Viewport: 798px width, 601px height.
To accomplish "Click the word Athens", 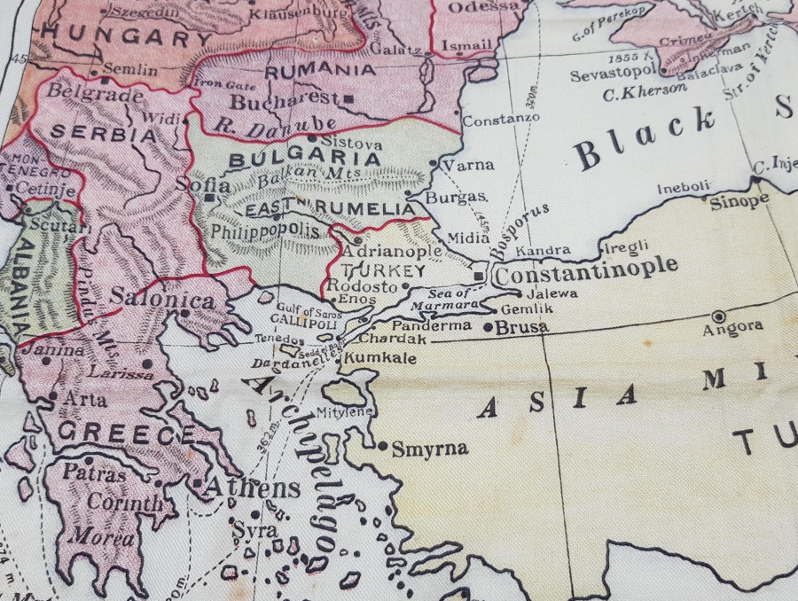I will [253, 488].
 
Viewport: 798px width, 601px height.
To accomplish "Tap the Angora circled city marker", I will [718, 316].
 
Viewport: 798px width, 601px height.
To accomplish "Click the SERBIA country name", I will [104, 136].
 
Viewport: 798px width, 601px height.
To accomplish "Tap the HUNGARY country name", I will [129, 38].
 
